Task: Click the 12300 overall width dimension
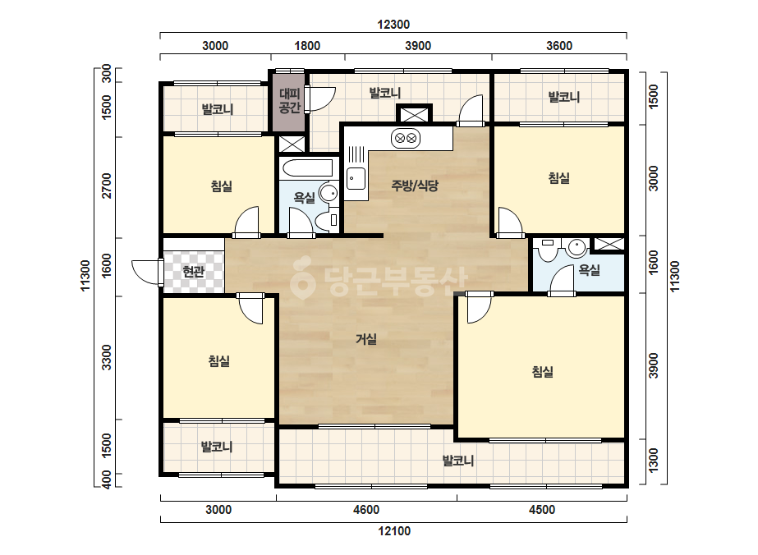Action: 393,25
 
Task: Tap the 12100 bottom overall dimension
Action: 394,531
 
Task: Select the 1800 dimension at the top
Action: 307,46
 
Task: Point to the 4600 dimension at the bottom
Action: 366,510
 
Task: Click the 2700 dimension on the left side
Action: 107,186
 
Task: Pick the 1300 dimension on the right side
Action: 653,461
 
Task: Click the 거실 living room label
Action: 366,339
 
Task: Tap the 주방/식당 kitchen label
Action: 415,186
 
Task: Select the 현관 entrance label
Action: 193,273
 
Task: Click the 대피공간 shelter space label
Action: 290,100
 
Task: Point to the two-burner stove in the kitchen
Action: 406,139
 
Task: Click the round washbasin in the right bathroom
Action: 577,247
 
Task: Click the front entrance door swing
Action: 145,272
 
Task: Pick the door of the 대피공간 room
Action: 320,99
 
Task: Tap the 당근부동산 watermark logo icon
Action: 302,277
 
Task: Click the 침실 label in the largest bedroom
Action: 542,372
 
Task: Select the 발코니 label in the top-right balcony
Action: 563,97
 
